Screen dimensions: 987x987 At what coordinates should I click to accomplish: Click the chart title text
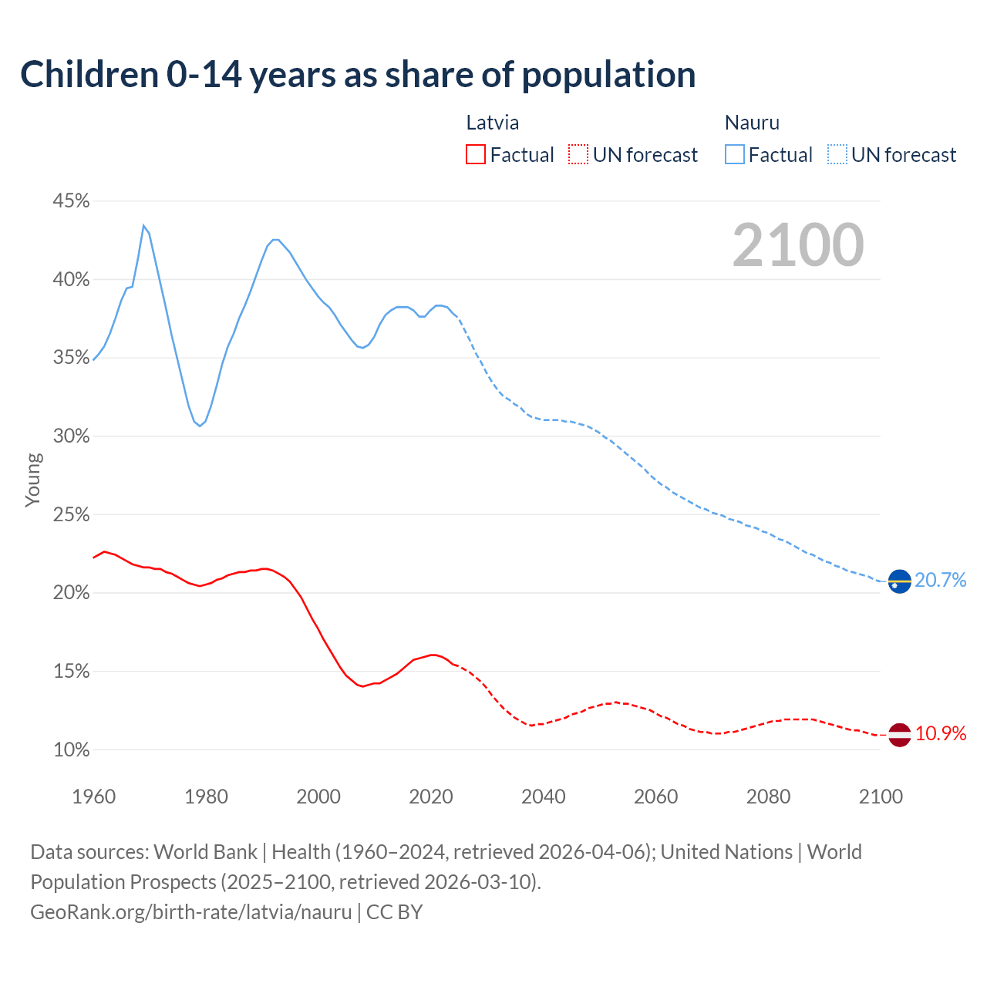pyautogui.click(x=358, y=75)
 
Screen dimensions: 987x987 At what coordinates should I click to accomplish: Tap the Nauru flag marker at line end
pyautogui.click(x=899, y=581)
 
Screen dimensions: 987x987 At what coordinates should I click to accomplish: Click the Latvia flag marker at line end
pyautogui.click(x=899, y=734)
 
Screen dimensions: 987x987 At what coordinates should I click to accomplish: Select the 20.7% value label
pyautogui.click(x=941, y=581)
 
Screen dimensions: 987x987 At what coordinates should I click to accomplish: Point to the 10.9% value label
pyautogui.click(x=941, y=734)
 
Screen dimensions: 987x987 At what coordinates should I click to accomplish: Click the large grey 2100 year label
pyautogui.click(x=798, y=245)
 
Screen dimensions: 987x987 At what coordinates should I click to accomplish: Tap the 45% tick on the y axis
pyautogui.click(x=71, y=201)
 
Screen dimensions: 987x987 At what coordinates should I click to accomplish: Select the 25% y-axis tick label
pyautogui.click(x=71, y=514)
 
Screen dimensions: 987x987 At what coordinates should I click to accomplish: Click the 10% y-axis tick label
pyautogui.click(x=71, y=750)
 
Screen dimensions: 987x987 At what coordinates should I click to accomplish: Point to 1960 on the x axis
pyautogui.click(x=93, y=797)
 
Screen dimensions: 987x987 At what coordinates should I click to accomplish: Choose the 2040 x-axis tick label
pyautogui.click(x=543, y=797)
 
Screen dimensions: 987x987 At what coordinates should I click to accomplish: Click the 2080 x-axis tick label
pyautogui.click(x=768, y=797)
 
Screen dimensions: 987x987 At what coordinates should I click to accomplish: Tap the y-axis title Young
pyautogui.click(x=33, y=480)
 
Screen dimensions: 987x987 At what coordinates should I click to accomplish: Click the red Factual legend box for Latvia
pyautogui.click(x=476, y=155)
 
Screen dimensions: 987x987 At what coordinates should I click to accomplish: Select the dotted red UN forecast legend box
pyautogui.click(x=578, y=155)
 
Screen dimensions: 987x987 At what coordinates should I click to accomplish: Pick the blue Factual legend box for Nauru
pyautogui.click(x=735, y=155)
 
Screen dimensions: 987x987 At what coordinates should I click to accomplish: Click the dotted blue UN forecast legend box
pyautogui.click(x=837, y=155)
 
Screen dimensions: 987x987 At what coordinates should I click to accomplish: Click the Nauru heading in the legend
pyautogui.click(x=752, y=123)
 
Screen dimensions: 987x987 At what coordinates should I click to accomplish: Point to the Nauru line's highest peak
pyautogui.click(x=143, y=225)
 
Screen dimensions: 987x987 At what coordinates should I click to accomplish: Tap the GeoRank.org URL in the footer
pyautogui.click(x=191, y=912)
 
